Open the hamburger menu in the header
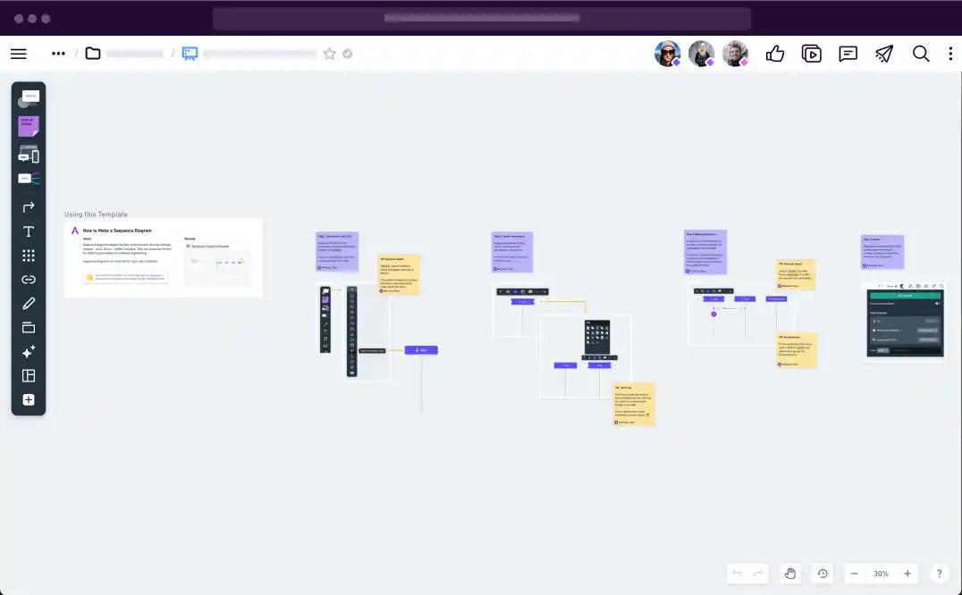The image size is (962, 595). pyautogui.click(x=18, y=54)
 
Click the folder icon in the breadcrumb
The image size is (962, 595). pyautogui.click(x=93, y=54)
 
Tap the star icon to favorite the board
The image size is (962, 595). pyautogui.click(x=329, y=54)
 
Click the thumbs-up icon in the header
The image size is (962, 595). pyautogui.click(x=775, y=54)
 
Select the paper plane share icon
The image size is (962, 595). pyautogui.click(x=884, y=54)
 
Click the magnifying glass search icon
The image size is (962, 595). pyautogui.click(x=921, y=54)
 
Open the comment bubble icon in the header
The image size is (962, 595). pyautogui.click(x=848, y=54)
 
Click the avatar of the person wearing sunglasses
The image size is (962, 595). pyautogui.click(x=667, y=54)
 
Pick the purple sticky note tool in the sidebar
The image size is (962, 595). pyautogui.click(x=29, y=126)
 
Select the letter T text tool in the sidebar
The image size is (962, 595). pyautogui.click(x=29, y=231)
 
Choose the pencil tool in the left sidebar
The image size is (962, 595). pyautogui.click(x=29, y=304)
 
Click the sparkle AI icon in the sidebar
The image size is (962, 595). pyautogui.click(x=29, y=352)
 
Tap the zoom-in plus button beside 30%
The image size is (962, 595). pyautogui.click(x=907, y=574)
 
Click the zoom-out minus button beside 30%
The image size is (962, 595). pyautogui.click(x=855, y=574)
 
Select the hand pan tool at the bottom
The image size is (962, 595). pyautogui.click(x=790, y=574)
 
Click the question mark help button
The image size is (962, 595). pyautogui.click(x=939, y=574)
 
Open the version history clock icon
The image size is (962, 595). pyautogui.click(x=823, y=574)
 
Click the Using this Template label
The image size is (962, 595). pyautogui.click(x=96, y=214)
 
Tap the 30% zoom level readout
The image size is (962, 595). pyautogui.click(x=881, y=574)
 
